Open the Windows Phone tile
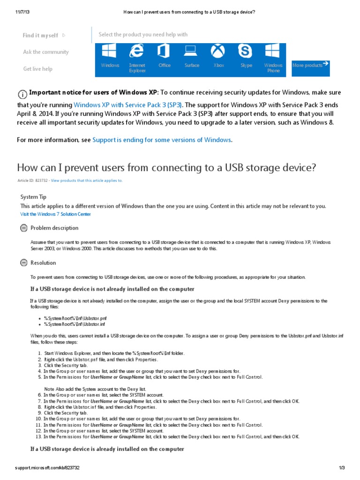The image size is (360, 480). pyautogui.click(x=273, y=59)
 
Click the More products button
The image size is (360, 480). pyautogui.click(x=310, y=65)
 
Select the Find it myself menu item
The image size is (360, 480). pyautogui.click(x=41, y=35)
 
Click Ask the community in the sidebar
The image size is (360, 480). pyautogui.click(x=46, y=52)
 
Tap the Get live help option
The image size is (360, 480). pyautogui.click(x=38, y=69)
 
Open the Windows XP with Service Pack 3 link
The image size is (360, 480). pyautogui.click(x=128, y=105)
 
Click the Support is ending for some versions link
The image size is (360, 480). pyautogui.click(x=162, y=140)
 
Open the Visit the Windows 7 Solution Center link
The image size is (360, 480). pyautogui.click(x=56, y=214)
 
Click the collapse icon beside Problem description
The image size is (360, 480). pyautogui.click(x=24, y=228)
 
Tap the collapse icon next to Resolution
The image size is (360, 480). pyautogui.click(x=24, y=263)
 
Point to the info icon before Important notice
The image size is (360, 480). pyautogui.click(x=22, y=93)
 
